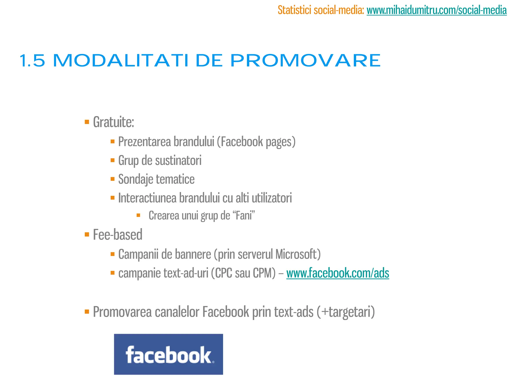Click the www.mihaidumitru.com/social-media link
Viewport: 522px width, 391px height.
436,10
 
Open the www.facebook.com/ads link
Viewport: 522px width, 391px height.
337,273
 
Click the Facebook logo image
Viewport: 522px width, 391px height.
168,354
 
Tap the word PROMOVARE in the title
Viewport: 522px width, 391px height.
305,61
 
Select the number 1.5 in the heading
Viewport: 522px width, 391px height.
32,61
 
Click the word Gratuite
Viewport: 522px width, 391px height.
113,122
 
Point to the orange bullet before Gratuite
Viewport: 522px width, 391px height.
87,122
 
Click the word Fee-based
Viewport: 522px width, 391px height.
118,235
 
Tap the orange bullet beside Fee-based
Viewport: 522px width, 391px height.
87,234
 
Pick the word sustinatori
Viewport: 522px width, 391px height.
178,160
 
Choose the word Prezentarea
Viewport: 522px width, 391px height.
144,142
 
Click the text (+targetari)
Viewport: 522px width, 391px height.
346,312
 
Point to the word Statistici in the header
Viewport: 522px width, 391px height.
294,10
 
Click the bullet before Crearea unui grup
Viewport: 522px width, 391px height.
138,215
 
